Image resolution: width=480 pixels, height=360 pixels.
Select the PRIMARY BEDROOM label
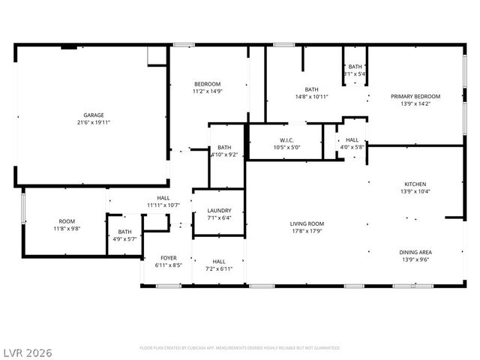pos(415,96)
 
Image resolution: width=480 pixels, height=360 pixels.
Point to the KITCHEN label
pos(415,184)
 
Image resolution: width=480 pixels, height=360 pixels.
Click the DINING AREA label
pos(415,252)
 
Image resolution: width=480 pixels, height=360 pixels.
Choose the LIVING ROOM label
pos(307,223)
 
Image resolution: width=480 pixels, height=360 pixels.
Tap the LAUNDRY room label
pos(219,211)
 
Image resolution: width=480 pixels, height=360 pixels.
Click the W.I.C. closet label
pos(286,139)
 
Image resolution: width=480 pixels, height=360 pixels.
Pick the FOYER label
pos(169,257)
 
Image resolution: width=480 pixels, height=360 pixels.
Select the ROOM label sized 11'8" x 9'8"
pos(67,220)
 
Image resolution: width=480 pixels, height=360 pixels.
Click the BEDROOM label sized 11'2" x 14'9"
pos(208,83)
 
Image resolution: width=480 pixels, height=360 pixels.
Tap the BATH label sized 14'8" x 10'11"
pos(311,89)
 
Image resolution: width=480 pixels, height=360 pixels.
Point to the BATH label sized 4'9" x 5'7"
pos(124,232)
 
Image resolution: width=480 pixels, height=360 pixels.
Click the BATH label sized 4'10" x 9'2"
pos(224,147)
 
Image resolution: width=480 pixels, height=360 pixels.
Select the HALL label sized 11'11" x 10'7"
pos(163,197)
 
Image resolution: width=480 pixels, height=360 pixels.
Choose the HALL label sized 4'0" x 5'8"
pos(352,139)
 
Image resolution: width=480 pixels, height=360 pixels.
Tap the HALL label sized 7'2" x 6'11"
pos(219,261)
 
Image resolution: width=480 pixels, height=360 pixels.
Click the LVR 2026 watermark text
pos(27,352)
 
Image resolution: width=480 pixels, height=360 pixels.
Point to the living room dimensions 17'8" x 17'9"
pos(307,231)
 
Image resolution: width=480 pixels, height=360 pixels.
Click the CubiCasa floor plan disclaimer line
pos(240,348)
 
